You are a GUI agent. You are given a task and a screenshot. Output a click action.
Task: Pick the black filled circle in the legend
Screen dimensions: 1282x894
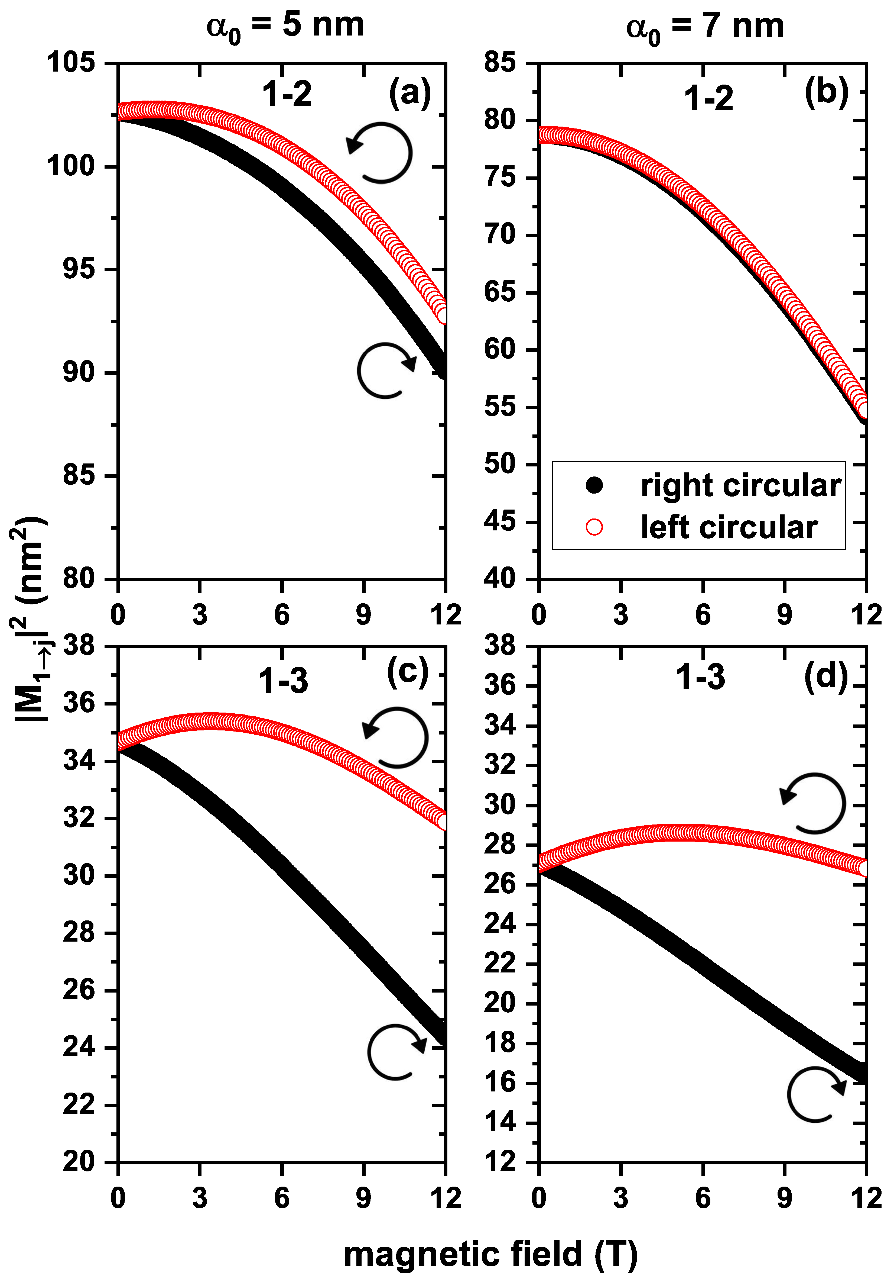click(594, 485)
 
